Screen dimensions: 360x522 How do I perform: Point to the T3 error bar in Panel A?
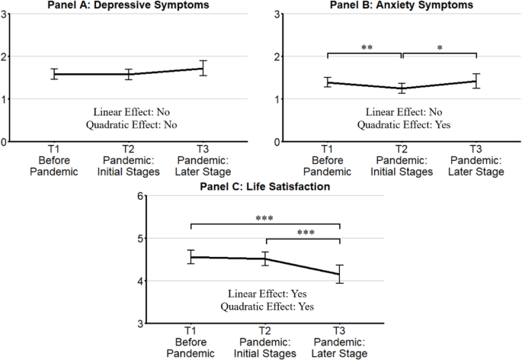click(x=203, y=68)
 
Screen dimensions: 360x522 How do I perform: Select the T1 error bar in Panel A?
click(x=54, y=74)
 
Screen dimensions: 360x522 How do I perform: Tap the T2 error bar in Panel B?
click(x=402, y=88)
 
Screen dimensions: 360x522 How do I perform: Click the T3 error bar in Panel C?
click(x=338, y=274)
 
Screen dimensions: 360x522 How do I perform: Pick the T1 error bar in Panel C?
click(x=191, y=257)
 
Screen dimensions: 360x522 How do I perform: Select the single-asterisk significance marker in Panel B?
click(x=439, y=47)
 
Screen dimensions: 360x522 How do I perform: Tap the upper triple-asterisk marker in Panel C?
click(x=264, y=219)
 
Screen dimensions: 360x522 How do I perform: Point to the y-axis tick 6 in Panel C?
click(x=140, y=196)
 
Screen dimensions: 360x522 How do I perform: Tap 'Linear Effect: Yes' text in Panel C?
click(x=264, y=294)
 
